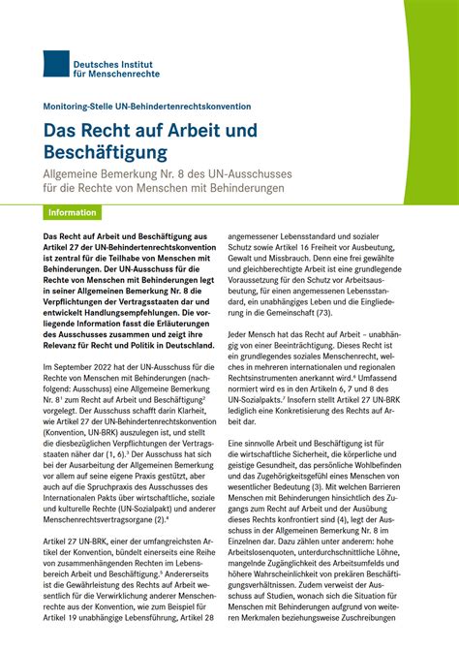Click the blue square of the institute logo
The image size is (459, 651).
pyautogui.click(x=56, y=65)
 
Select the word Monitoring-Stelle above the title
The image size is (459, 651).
pyautogui.click(x=80, y=107)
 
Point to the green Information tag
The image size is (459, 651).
pyautogui.click(x=74, y=212)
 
